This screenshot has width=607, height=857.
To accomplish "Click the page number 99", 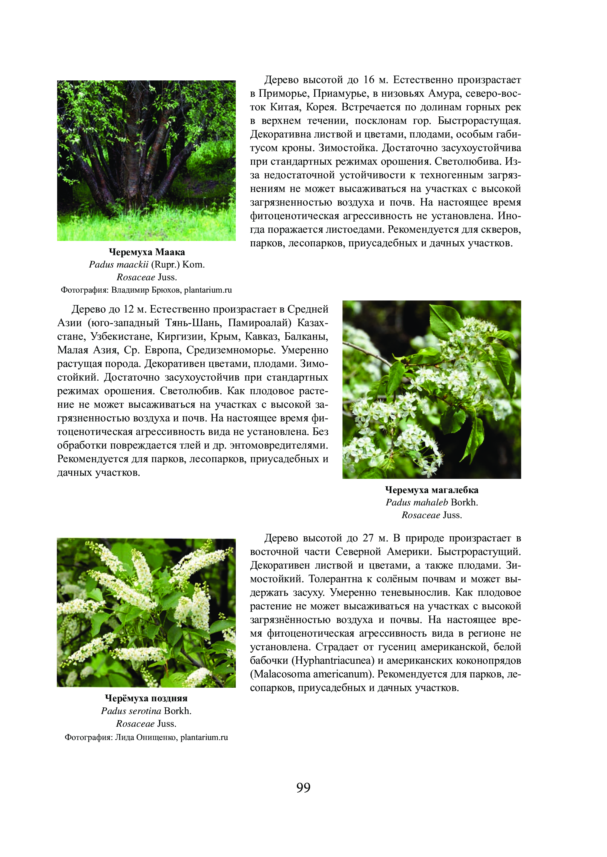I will (x=303, y=787).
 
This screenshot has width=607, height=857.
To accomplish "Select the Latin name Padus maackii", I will (x=118, y=265).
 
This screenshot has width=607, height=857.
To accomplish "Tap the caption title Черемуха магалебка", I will (x=432, y=490).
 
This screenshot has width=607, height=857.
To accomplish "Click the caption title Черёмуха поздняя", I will (x=146, y=698).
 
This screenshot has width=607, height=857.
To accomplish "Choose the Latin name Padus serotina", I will (x=131, y=711).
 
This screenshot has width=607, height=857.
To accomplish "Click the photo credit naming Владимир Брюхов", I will (x=146, y=290).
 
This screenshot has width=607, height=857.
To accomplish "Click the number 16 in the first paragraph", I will (x=369, y=80).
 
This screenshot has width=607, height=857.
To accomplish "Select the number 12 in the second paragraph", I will (x=128, y=310).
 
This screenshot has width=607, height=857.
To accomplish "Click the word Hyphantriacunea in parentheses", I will (x=334, y=661).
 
